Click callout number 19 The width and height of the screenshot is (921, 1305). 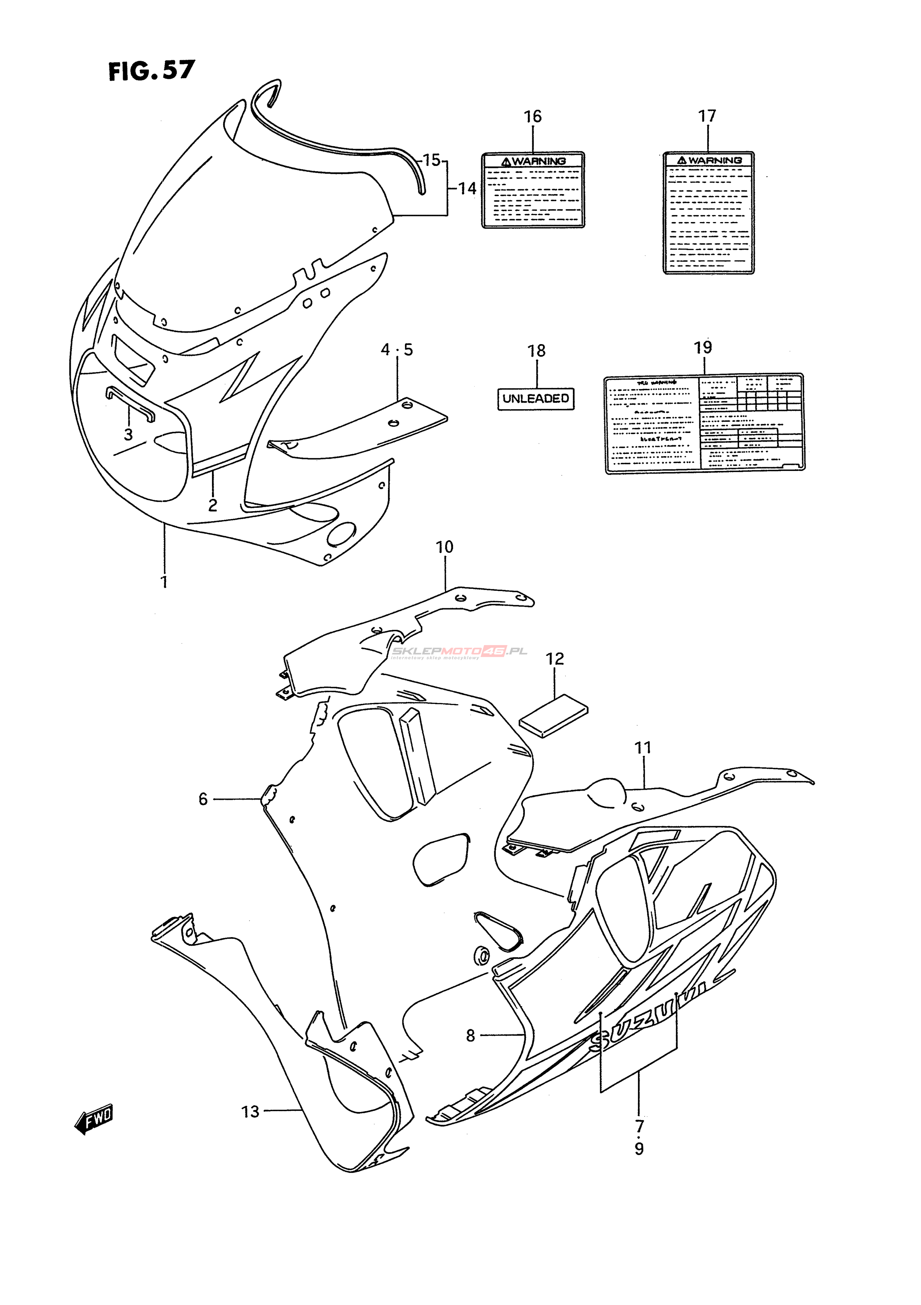click(703, 347)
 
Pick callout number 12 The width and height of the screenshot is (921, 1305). click(555, 659)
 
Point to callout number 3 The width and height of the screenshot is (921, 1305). click(128, 435)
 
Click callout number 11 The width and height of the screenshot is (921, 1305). click(643, 748)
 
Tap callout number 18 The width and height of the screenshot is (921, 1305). click(536, 351)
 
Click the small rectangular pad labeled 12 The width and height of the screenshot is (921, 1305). click(553, 716)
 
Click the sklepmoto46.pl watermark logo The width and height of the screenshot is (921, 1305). click(459, 652)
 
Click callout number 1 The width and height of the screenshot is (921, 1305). click(164, 582)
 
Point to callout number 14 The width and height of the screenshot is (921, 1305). click(467, 188)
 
